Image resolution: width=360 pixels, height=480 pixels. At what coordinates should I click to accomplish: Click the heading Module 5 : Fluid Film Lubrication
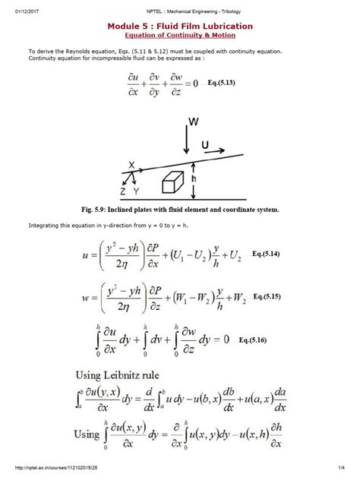pyautogui.click(x=180, y=26)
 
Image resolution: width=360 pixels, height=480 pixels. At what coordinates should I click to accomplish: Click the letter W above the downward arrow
pyautogui.click(x=195, y=121)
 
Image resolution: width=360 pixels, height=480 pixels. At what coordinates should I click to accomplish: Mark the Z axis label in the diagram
pyautogui.click(x=124, y=192)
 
